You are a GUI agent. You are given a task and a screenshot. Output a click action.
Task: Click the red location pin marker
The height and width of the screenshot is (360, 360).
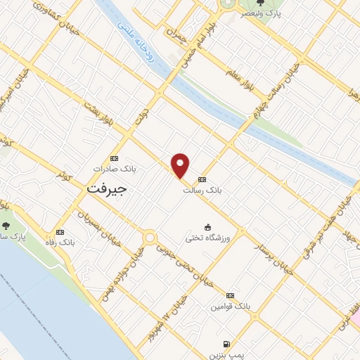[181, 165]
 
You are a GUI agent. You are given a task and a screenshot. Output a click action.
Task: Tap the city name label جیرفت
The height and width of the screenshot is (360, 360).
[106, 190]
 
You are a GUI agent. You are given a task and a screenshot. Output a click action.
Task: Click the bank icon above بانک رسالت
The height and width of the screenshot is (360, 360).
[202, 179]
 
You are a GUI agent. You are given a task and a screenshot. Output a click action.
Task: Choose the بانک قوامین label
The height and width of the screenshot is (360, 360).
[230, 307]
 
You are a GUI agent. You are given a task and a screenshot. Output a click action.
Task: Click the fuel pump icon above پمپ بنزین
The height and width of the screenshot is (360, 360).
[225, 344]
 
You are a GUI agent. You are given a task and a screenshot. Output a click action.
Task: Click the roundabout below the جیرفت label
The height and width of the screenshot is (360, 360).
[150, 238]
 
